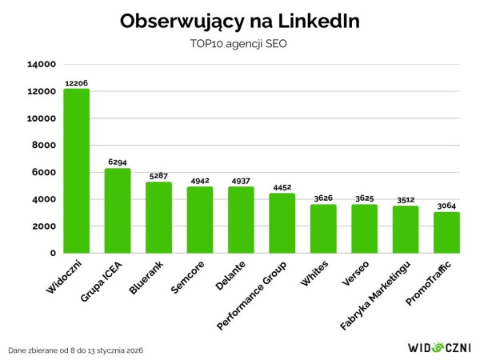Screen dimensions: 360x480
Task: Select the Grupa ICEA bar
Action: coord(118,210)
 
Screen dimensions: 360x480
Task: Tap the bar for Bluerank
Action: coord(158,217)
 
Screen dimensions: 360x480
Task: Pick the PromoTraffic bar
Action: coord(446,232)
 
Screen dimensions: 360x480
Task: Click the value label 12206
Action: coord(77,82)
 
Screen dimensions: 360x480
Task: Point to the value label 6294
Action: coord(118,162)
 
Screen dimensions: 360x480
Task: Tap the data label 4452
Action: coord(282,187)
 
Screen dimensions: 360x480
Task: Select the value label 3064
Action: coord(446,206)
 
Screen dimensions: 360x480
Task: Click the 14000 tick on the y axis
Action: coord(41,64)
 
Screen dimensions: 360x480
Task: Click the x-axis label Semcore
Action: coord(189,277)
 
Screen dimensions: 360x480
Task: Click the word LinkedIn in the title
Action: coord(315,22)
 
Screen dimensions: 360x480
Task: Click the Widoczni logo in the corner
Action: coord(439,347)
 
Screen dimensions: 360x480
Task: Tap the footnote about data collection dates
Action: coord(77,350)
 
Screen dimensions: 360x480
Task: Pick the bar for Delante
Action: coord(241,219)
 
